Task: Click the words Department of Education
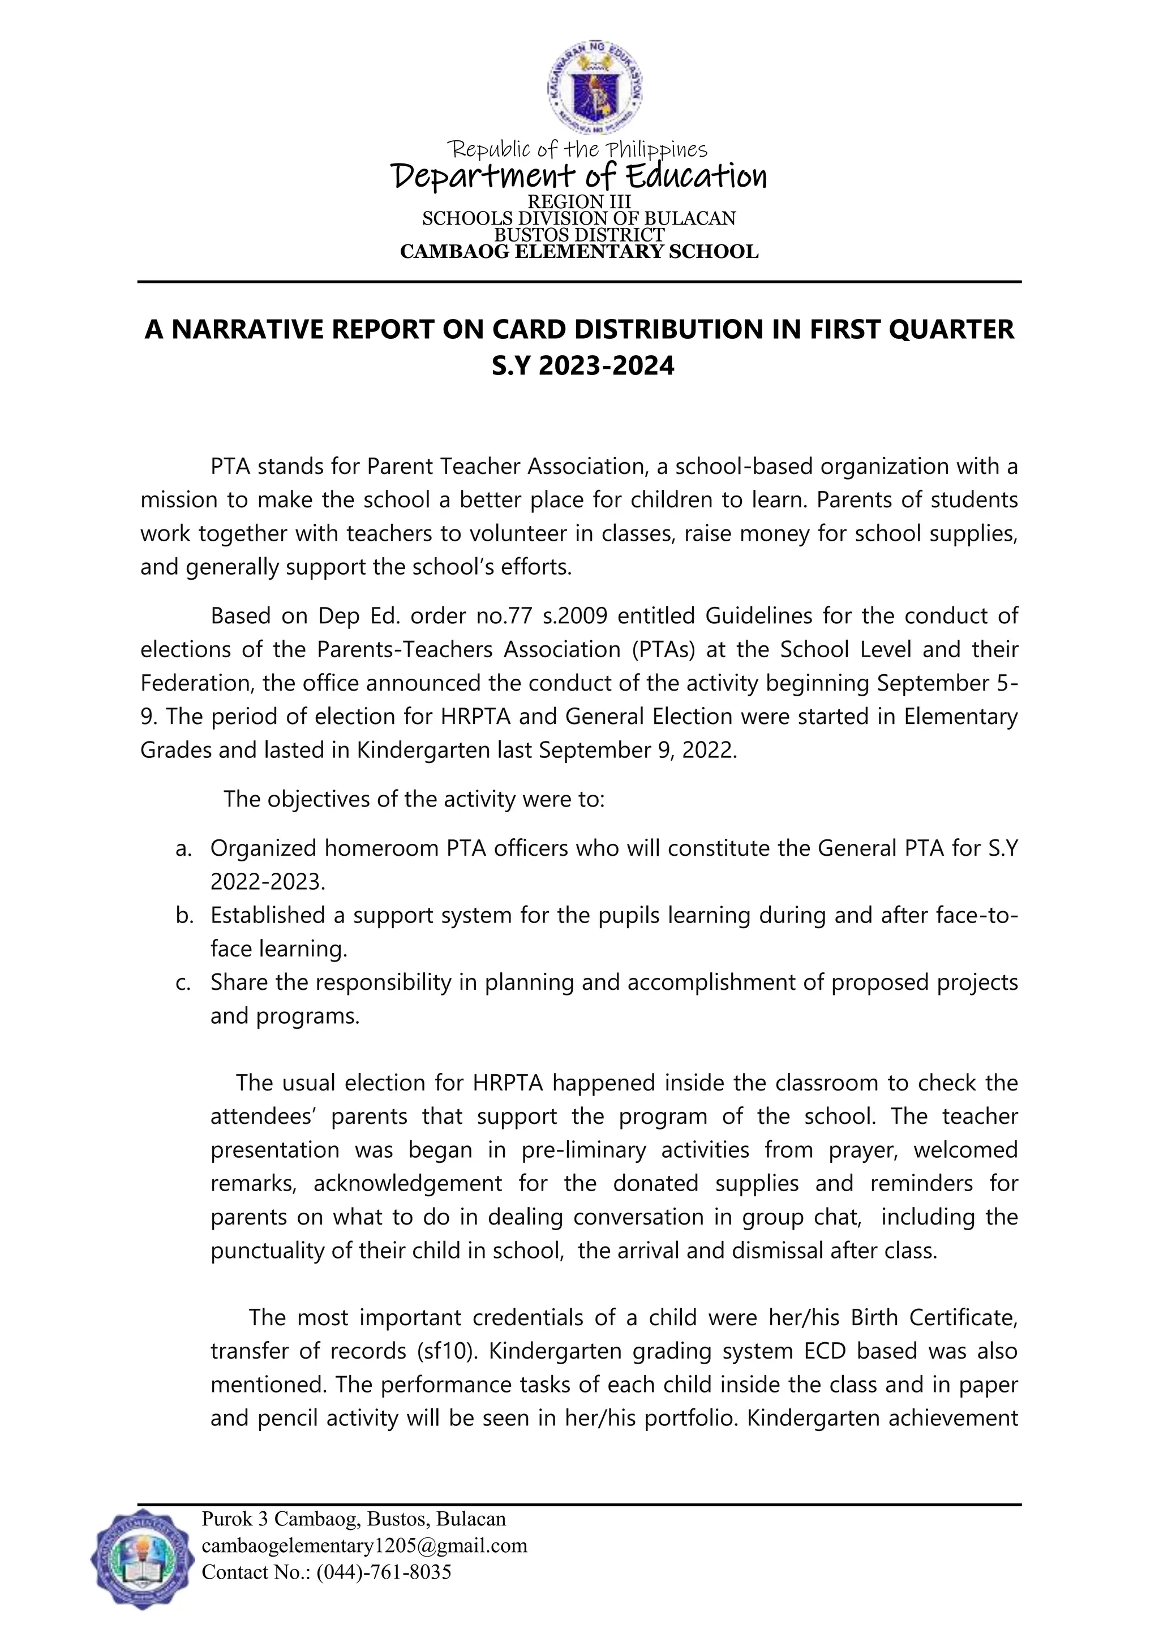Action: [579, 175]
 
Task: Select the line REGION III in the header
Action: [579, 202]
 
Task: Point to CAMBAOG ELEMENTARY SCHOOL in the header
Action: [579, 252]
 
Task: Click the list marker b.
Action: [184, 915]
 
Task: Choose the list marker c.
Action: [183, 982]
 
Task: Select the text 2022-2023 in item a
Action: [267, 882]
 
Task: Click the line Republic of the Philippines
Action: [577, 150]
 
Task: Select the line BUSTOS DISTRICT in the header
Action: [579, 235]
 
